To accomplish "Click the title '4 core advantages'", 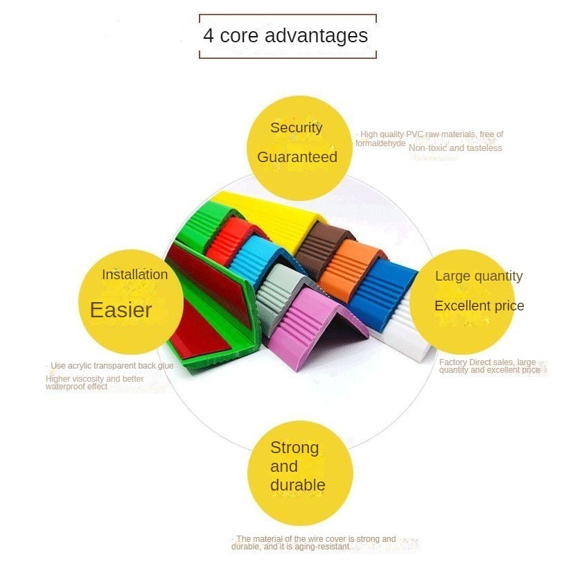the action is (x=285, y=35).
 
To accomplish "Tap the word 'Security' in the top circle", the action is (x=296, y=127).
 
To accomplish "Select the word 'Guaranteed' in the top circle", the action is (x=297, y=157).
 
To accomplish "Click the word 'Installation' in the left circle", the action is (x=134, y=274).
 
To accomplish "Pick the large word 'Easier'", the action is (x=121, y=310).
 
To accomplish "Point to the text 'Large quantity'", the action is (x=479, y=276).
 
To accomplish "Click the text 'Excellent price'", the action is (x=479, y=306).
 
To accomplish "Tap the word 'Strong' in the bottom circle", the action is (x=294, y=448).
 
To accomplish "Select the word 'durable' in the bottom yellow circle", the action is (x=297, y=485).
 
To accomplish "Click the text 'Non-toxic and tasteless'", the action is (x=455, y=148).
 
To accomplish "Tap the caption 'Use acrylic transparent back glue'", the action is (x=112, y=365).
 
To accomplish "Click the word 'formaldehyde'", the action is (x=380, y=143).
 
